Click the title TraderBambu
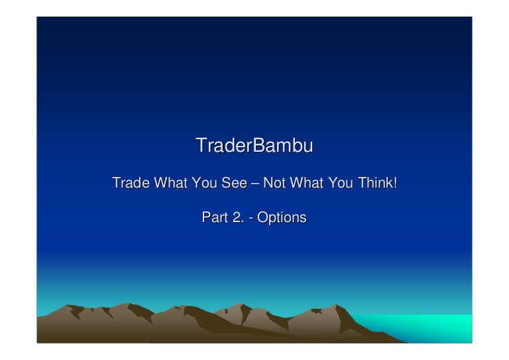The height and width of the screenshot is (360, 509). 254,145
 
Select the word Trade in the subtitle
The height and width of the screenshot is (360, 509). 131,182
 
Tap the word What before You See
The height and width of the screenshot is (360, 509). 170,182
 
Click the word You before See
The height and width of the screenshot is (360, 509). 204,182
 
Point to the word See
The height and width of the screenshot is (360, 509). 234,182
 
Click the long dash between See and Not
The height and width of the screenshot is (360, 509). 255,184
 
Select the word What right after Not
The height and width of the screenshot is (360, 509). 306,182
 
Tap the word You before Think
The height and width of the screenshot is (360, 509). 340,182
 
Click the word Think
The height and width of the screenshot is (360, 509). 375,182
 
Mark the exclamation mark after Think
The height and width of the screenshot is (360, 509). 395,182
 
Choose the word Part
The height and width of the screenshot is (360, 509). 215,217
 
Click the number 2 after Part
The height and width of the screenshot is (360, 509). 237,217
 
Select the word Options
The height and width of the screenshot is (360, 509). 282,218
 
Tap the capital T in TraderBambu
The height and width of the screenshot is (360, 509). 201,145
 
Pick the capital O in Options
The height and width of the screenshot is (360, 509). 262,217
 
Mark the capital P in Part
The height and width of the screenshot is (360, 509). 206,217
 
